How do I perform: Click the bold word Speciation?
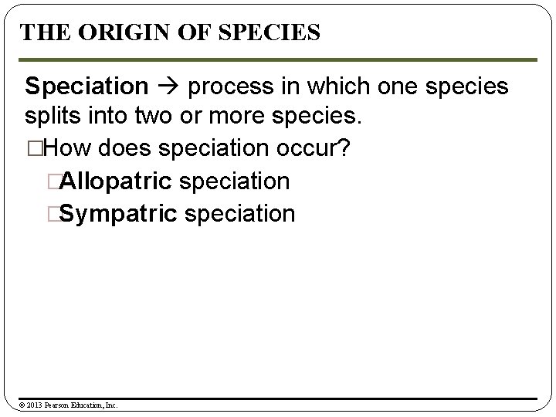click(x=86, y=86)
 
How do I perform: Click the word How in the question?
click(x=59, y=149)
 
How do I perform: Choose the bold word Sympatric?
click(x=118, y=214)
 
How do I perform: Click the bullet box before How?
click(x=31, y=150)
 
